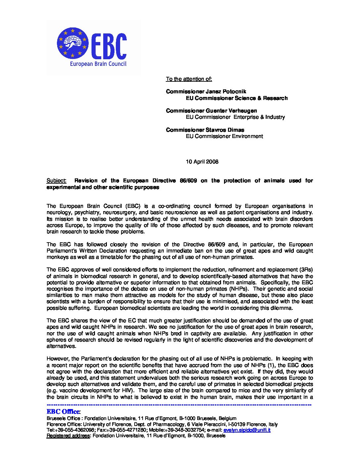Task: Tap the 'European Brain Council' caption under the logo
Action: click(x=98, y=64)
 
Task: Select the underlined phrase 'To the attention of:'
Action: click(x=189, y=79)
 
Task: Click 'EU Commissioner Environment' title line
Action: click(x=224, y=136)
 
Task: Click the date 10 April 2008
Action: click(x=202, y=162)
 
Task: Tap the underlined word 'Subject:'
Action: click(x=56, y=181)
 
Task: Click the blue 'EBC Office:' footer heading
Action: click(x=63, y=412)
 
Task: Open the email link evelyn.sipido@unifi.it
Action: click(x=247, y=430)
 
